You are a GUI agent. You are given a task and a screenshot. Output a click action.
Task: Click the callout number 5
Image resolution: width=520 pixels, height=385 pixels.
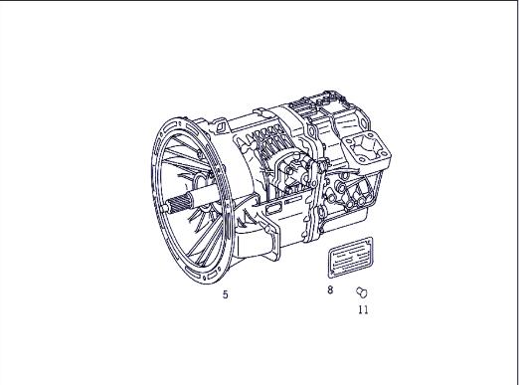225,294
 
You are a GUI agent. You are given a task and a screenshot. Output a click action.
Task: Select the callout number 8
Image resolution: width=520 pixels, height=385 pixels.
329,290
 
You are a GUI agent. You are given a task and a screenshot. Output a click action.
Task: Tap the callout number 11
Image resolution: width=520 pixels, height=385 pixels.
363,309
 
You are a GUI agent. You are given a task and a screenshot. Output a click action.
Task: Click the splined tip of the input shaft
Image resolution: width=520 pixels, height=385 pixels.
178,207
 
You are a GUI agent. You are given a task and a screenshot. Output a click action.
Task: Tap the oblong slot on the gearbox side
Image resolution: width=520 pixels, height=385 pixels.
275,210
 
